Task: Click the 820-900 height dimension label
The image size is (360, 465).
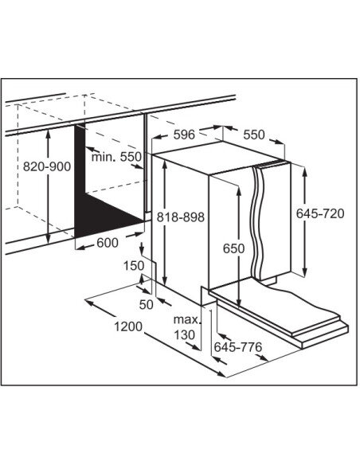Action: tap(47, 166)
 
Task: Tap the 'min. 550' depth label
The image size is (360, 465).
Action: tap(116, 157)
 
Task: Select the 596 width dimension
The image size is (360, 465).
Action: tap(184, 135)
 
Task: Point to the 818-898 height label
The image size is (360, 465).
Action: tap(181, 217)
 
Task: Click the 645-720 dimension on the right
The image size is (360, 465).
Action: tap(320, 213)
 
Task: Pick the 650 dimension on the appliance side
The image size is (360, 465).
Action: tap(233, 248)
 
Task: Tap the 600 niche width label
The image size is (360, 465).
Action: tap(108, 243)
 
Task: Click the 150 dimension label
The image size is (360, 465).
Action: tap(134, 266)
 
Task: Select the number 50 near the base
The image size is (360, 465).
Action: tap(146, 305)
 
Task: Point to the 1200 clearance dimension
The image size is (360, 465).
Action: tap(128, 326)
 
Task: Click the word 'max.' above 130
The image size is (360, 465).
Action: tap(187, 320)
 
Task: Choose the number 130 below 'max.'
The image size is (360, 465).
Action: tap(184, 334)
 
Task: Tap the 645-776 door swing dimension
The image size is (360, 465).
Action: tap(238, 346)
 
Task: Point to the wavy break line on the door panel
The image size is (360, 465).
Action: tap(256, 222)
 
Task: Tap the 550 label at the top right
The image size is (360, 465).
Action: tap(254, 135)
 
